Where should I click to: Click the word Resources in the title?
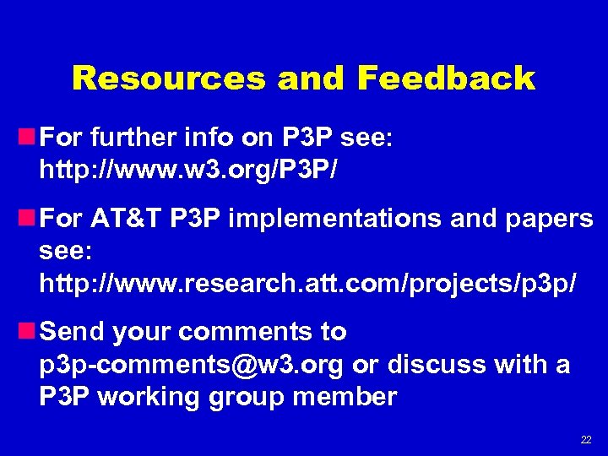tap(169, 79)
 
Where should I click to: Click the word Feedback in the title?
tap(446, 79)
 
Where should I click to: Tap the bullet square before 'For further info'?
tap(29, 136)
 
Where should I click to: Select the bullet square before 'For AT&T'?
tap(29, 219)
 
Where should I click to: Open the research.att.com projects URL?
tap(308, 284)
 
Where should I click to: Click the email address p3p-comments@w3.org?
tap(191, 366)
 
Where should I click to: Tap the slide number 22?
tap(585, 440)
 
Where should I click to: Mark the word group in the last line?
tap(247, 398)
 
